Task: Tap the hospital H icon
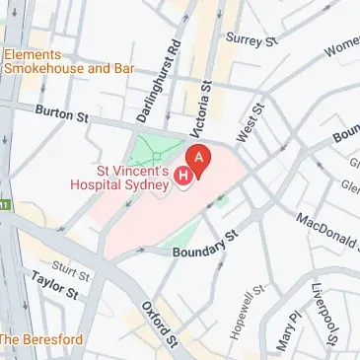click(x=182, y=177)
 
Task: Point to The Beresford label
click(x=42, y=339)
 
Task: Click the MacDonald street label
click(x=326, y=233)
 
